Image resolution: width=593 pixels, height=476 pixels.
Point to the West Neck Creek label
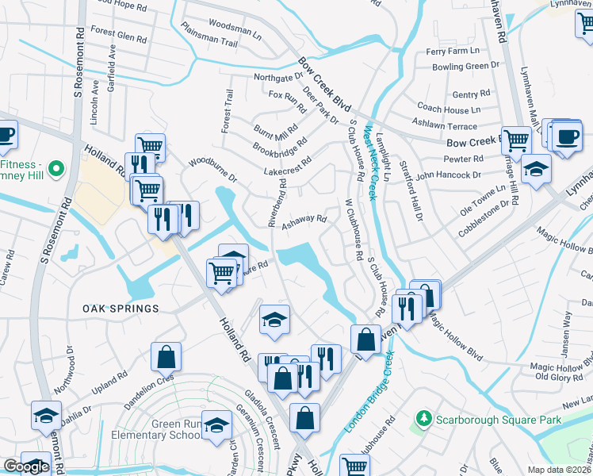point(369,159)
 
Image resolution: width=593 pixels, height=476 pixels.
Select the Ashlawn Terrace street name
point(445,125)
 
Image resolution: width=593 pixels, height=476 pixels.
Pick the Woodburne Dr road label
point(212,171)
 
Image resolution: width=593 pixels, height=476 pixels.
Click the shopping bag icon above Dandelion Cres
point(167,358)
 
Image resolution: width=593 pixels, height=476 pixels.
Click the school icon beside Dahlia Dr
point(46,416)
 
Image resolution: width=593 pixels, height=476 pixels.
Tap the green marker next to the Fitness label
point(55,168)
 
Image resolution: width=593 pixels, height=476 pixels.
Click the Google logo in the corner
point(26,466)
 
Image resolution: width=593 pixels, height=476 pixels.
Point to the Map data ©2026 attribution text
point(560,470)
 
